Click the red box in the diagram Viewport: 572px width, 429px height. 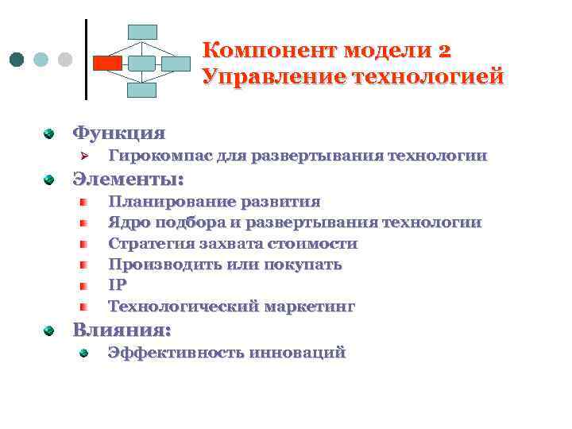point(107,61)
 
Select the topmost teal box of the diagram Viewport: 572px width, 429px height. point(143,32)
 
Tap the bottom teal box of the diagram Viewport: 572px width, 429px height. point(143,89)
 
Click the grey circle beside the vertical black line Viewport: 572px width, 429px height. point(65,60)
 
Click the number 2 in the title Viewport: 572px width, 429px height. point(443,51)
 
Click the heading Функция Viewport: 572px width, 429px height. point(119,132)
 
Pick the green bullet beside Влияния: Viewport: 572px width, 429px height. point(49,329)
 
